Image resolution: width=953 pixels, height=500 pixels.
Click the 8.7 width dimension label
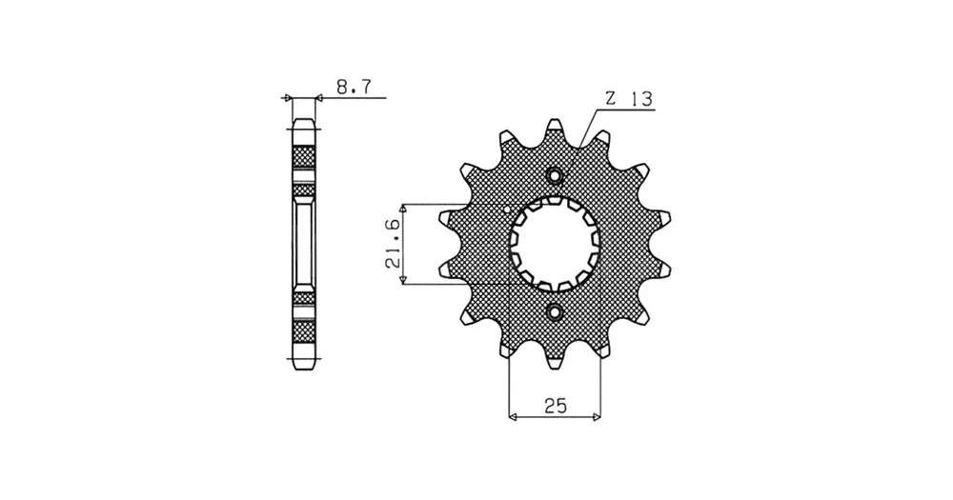click(x=354, y=88)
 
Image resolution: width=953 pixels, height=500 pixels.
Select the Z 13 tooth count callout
click(x=628, y=98)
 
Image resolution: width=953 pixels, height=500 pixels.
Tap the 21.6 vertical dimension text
click(x=392, y=244)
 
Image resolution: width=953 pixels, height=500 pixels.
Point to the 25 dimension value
click(x=556, y=405)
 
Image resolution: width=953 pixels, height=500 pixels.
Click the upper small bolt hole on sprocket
click(x=555, y=176)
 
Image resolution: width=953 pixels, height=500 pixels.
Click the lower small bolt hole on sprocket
click(x=555, y=312)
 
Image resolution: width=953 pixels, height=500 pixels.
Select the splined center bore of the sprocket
click(x=555, y=244)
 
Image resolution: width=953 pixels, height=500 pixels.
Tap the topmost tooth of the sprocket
click(x=554, y=128)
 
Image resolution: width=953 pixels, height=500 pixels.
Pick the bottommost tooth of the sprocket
click(x=555, y=362)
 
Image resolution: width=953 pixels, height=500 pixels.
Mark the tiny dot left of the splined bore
click(x=508, y=210)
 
